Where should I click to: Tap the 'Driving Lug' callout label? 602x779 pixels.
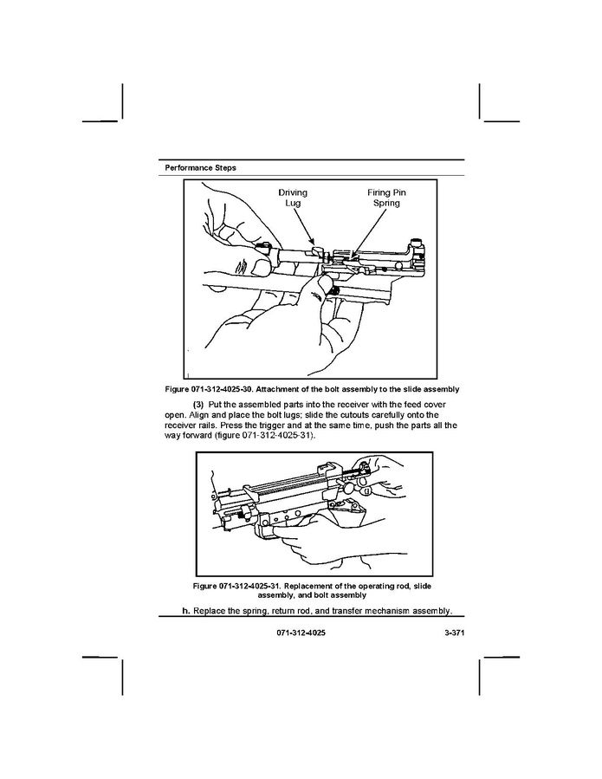point(292,198)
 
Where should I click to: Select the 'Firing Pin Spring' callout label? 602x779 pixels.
point(386,198)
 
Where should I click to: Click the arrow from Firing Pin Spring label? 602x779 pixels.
point(369,230)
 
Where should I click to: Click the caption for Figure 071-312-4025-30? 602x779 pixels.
point(313,388)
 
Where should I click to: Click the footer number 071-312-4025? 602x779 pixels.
point(301,633)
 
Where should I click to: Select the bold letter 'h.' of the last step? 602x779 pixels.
point(185,611)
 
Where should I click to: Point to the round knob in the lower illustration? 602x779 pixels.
point(355,488)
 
